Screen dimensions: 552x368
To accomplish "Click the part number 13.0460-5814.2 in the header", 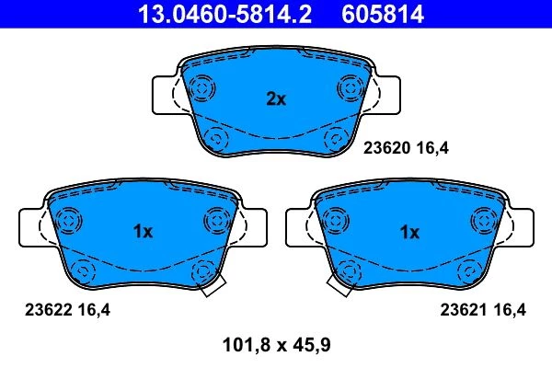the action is (224, 14).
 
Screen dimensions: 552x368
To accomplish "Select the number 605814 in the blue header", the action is (383, 14).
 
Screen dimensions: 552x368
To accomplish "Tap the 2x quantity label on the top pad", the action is (276, 99).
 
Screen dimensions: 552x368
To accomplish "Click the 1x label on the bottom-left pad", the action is (143, 232).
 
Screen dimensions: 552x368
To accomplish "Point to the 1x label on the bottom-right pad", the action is (409, 233).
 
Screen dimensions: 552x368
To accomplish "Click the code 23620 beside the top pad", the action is (387, 148).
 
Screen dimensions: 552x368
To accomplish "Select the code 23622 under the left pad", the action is (49, 310).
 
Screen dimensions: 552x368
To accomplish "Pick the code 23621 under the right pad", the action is (464, 310).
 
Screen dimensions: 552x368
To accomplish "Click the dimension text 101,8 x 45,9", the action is (277, 345).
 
